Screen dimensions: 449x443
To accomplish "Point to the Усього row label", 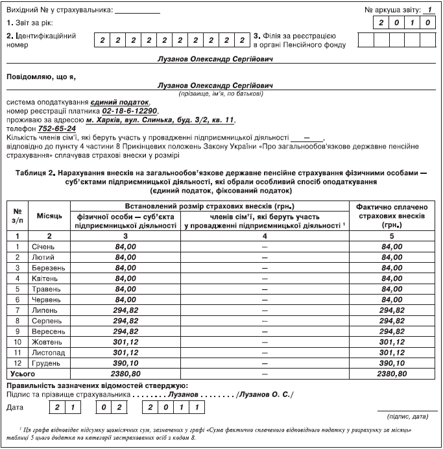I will pyautogui.click(x=21, y=374).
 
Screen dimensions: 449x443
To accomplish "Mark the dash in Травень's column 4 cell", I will pyautogui.click(x=264, y=289).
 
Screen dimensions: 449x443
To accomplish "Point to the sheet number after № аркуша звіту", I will pyautogui.click(x=429, y=10).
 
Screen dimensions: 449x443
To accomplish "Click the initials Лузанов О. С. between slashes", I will pyautogui.click(x=266, y=394).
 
